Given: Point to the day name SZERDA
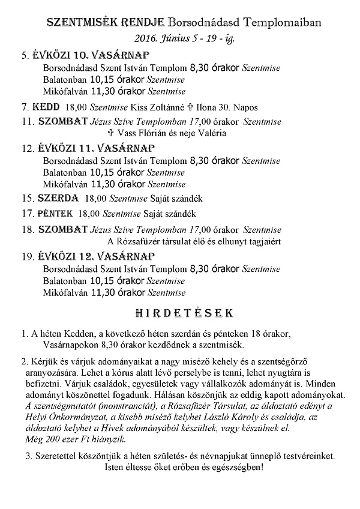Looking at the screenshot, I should click(58, 197).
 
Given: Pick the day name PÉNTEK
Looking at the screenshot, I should click(55, 213).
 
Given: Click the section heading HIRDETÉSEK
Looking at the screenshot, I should click(180, 313).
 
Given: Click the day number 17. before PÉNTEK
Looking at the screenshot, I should click(26, 213).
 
